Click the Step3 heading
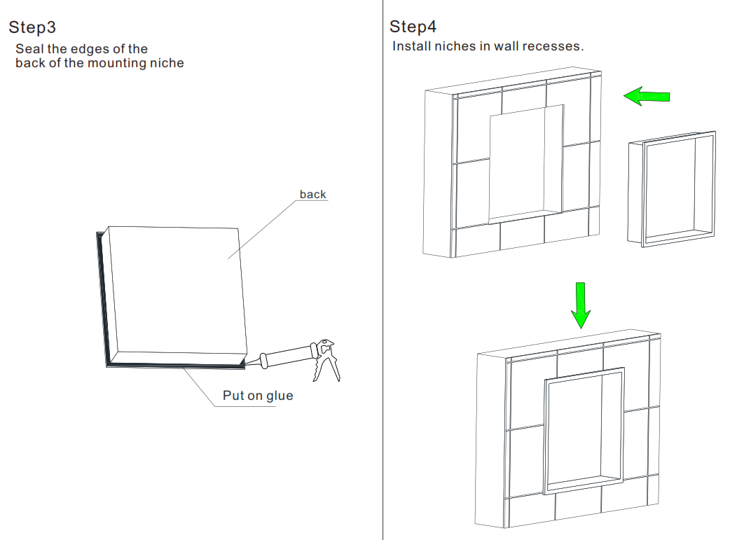point(32,27)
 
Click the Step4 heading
point(413,27)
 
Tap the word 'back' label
point(312,194)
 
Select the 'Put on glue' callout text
point(258,396)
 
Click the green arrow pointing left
point(647,96)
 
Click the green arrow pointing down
point(580,305)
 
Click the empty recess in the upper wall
point(525,161)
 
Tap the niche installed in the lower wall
point(583,429)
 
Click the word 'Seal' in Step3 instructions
point(29,49)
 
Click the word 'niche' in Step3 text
point(167,63)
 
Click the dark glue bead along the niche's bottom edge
point(175,364)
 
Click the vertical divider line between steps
point(383,280)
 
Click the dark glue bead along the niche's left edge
point(102,294)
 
